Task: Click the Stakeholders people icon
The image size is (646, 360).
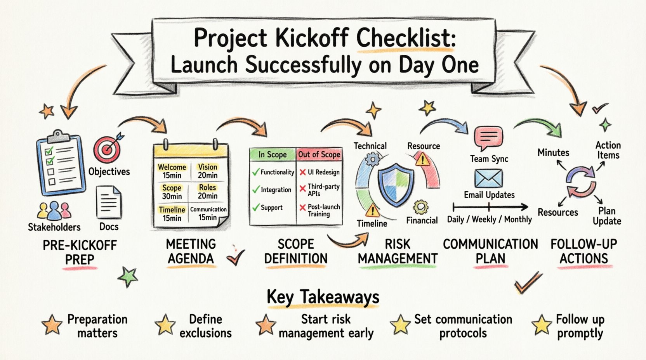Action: pyautogui.click(x=54, y=211)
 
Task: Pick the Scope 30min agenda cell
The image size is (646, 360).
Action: pyautogui.click(x=172, y=192)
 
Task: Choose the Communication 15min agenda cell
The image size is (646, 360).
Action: pyautogui.click(x=208, y=213)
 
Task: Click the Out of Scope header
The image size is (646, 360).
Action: pyautogui.click(x=319, y=154)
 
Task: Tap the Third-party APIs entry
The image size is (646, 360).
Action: pyautogui.click(x=323, y=190)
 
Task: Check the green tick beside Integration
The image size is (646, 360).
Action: pyautogui.click(x=256, y=190)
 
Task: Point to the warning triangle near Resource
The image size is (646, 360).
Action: pyautogui.click(x=422, y=159)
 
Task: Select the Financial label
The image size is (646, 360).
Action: pyautogui.click(x=422, y=220)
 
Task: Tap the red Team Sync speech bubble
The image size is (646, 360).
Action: pyautogui.click(x=488, y=137)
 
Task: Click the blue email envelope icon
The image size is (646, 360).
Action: pyautogui.click(x=488, y=178)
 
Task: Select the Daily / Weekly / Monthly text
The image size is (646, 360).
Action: pyautogui.click(x=489, y=220)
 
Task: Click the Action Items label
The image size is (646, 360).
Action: pyautogui.click(x=608, y=150)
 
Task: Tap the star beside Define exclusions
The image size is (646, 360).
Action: pyautogui.click(x=165, y=325)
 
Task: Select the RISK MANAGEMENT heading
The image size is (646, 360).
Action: pyautogui.click(x=398, y=251)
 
